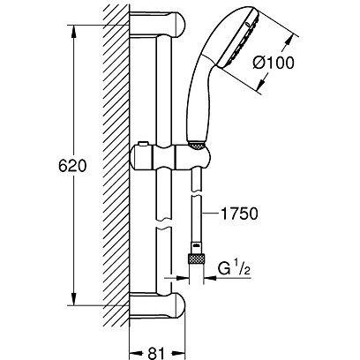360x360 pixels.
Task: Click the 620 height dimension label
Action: (x=72, y=167)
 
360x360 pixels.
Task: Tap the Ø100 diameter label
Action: (x=274, y=63)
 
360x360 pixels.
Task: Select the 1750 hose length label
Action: (x=238, y=214)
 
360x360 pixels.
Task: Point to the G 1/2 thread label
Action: (x=234, y=269)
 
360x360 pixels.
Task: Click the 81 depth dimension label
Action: (x=156, y=353)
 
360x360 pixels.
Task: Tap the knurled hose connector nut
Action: (x=196, y=259)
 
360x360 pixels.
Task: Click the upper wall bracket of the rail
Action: (x=157, y=25)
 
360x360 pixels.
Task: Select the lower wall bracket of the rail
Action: (x=157, y=306)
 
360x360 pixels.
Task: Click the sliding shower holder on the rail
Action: (x=170, y=157)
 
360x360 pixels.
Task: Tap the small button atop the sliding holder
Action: (x=142, y=144)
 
